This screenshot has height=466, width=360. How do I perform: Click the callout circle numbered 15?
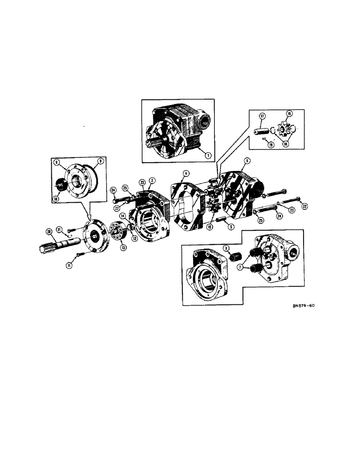pyautogui.click(x=210, y=227)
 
